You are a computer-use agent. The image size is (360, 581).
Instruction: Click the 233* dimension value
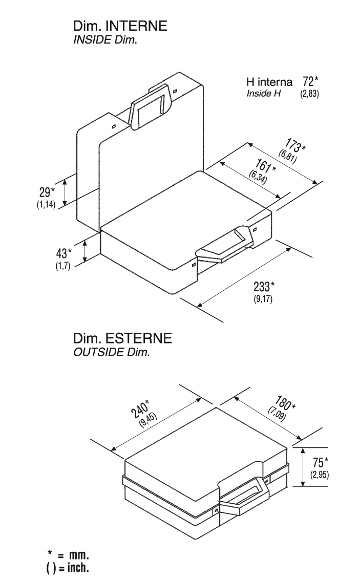pyautogui.click(x=264, y=287)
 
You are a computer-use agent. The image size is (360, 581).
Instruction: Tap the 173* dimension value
pyautogui.click(x=295, y=145)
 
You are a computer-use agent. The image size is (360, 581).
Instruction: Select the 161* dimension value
pyautogui.click(x=265, y=166)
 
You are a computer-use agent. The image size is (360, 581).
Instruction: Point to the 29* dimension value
pyautogui.click(x=47, y=192)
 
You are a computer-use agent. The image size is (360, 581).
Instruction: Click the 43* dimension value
pyautogui.click(x=63, y=253)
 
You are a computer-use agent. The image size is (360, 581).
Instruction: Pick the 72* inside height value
pyautogui.click(x=310, y=81)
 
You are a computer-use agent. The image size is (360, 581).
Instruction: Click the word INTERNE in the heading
pyautogui.click(x=136, y=26)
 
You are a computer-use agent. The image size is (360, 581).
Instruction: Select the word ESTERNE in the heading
pyautogui.click(x=139, y=338)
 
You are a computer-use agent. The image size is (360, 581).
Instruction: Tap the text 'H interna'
pyautogui.click(x=269, y=81)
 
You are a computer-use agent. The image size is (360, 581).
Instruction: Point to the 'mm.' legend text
pyautogui.click(x=79, y=555)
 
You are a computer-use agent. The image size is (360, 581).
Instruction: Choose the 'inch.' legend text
pyautogui.click(x=78, y=567)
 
